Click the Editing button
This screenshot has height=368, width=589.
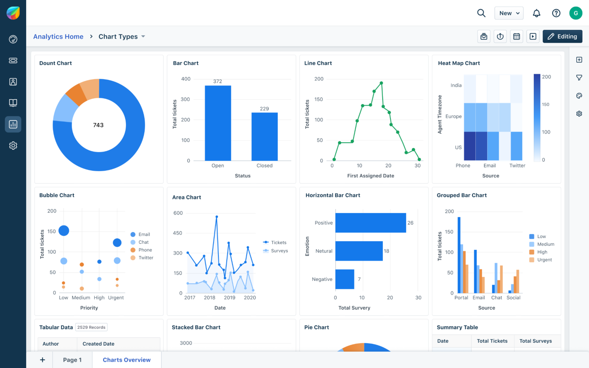click(562, 37)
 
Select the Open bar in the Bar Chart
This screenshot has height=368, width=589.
click(218, 123)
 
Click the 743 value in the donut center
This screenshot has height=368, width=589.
click(98, 125)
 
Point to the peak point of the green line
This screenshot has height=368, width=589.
click(381, 83)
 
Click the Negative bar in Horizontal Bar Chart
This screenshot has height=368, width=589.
click(345, 279)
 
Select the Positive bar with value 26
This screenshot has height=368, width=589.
click(370, 223)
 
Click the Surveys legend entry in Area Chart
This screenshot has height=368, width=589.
click(279, 251)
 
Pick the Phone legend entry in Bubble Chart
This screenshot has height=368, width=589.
click(144, 250)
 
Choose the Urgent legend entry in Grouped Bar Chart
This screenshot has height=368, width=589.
click(544, 260)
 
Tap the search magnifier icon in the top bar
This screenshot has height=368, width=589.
click(481, 13)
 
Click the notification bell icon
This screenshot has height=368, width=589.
click(536, 13)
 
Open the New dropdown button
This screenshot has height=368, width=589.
click(509, 13)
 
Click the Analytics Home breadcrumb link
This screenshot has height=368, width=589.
click(58, 37)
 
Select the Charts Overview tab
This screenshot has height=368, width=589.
click(127, 360)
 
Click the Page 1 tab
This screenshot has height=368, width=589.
click(72, 360)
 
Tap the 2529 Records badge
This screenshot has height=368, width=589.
click(91, 327)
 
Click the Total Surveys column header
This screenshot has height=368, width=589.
click(535, 341)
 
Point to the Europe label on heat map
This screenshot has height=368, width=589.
click(453, 117)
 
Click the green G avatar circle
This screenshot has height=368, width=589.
click(575, 13)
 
